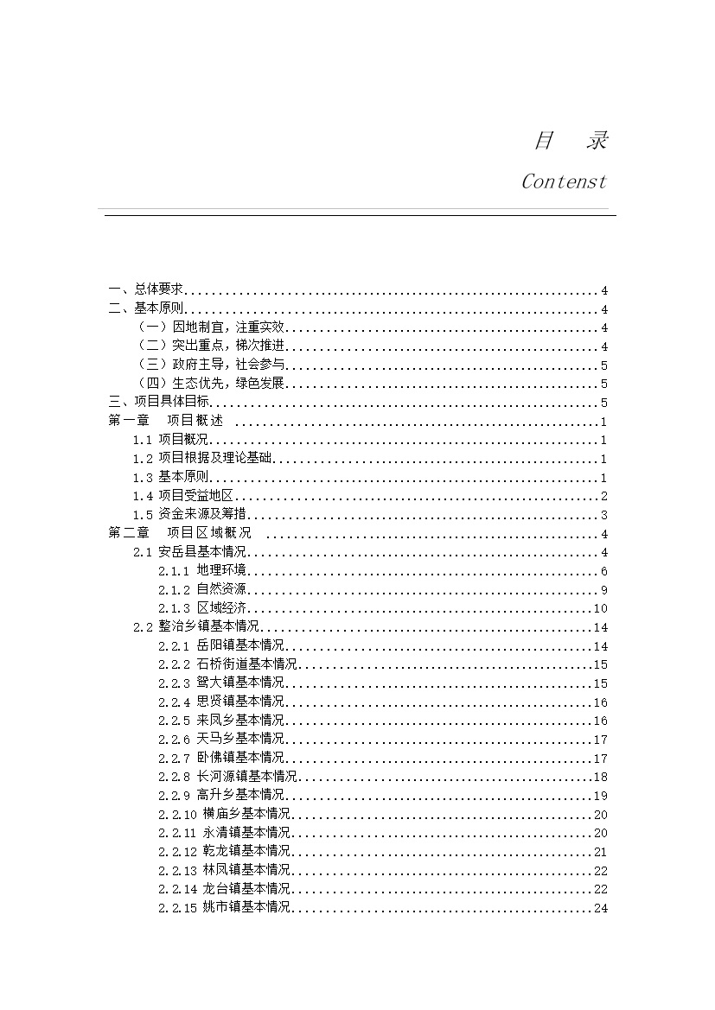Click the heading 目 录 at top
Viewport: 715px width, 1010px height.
tap(570, 141)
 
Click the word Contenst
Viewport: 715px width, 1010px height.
tap(564, 182)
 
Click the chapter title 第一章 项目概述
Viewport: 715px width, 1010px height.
tap(166, 422)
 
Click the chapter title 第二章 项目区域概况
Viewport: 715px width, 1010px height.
tap(180, 534)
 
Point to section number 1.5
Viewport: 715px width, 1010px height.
tap(143, 516)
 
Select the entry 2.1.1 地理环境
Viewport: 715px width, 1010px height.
tap(203, 571)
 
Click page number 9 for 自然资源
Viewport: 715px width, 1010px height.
tap(604, 590)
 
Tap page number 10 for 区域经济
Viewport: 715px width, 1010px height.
tap(601, 609)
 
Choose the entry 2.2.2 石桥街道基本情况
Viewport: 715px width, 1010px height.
tap(228, 664)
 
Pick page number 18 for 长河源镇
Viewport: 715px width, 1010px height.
tap(601, 777)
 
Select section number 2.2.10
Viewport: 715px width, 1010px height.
tap(178, 814)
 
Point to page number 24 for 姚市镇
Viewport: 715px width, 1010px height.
tap(601, 908)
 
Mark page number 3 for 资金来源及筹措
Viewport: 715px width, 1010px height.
tap(604, 516)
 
